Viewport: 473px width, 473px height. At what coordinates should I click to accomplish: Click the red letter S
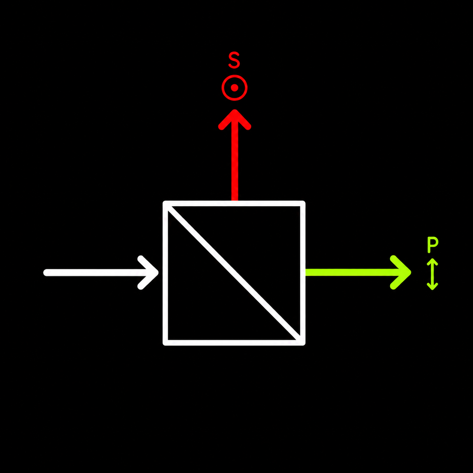click(x=234, y=60)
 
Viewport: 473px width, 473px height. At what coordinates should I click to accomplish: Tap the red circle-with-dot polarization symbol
click(x=234, y=88)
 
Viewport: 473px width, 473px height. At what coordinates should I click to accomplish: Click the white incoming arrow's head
click(x=149, y=272)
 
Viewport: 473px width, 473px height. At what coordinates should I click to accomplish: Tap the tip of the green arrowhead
click(x=411, y=272)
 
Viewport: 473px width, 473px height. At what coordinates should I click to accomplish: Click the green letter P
click(x=433, y=244)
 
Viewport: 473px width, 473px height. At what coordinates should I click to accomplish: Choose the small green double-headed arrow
click(x=432, y=274)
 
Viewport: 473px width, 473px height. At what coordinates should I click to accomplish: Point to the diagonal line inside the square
click(x=234, y=273)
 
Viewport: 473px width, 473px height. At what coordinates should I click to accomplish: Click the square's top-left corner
click(x=166, y=203)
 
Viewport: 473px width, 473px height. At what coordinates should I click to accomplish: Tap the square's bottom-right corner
click(x=303, y=342)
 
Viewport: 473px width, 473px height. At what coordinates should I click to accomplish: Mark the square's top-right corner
click(x=303, y=203)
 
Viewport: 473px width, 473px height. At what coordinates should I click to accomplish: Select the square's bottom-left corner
click(x=166, y=342)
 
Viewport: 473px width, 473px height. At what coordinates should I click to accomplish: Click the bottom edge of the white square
click(x=234, y=342)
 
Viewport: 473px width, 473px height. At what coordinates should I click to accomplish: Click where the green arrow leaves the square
click(x=306, y=272)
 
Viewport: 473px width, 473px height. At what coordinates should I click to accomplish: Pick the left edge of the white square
click(x=166, y=273)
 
